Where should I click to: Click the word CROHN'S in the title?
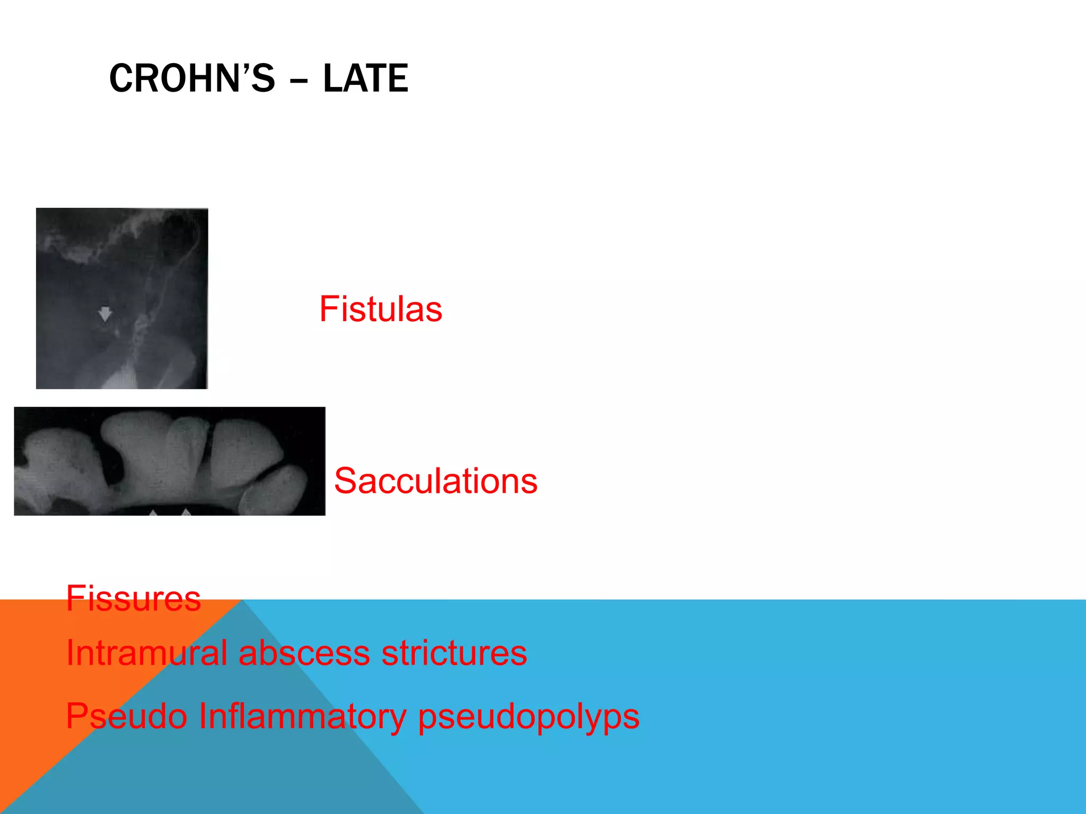[192, 78]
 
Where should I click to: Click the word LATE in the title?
[365, 78]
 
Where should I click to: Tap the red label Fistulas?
[380, 309]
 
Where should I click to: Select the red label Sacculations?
[435, 481]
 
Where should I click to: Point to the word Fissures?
[133, 599]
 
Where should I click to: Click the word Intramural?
[146, 653]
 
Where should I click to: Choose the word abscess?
[304, 653]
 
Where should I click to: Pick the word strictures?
[454, 653]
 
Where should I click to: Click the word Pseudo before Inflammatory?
[126, 716]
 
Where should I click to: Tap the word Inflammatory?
[302, 716]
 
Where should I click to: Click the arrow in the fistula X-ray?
[105, 314]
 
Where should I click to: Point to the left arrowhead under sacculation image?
[153, 513]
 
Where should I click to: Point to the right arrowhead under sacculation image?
[186, 512]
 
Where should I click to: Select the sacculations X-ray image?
[170, 461]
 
